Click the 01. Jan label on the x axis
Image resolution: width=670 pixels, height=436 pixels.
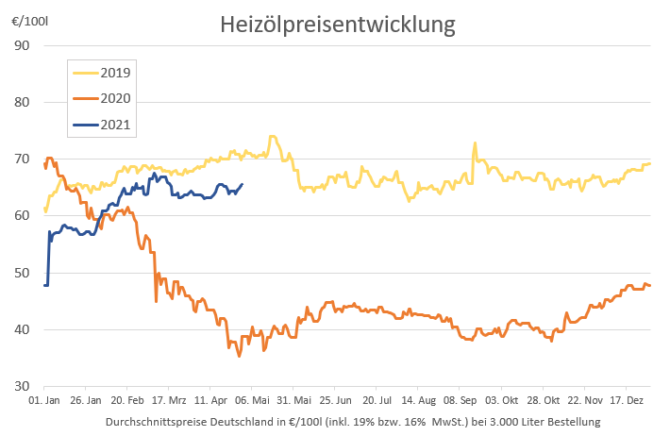coord(44,401)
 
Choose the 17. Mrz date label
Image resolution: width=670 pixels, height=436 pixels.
coord(168,401)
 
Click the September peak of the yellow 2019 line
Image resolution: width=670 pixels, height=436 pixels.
coord(475,143)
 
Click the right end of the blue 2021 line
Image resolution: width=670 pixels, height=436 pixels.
coord(243,184)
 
